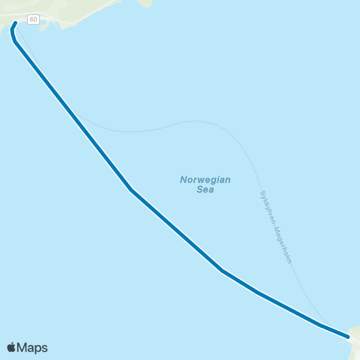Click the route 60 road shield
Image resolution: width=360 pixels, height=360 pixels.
[34, 18]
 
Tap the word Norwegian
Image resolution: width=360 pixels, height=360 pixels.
[205, 180]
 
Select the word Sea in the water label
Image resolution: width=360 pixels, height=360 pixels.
[205, 190]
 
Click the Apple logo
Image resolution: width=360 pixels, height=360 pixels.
[11, 347]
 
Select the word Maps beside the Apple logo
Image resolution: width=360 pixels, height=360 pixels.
[32, 347]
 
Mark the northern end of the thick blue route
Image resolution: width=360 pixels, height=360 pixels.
[16, 23]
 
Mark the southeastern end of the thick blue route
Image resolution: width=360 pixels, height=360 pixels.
[350, 337]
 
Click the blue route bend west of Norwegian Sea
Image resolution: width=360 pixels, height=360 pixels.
[131, 190]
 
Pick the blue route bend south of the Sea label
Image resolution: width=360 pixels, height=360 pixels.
[222, 270]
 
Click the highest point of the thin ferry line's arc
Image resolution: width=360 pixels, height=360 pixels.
[196, 121]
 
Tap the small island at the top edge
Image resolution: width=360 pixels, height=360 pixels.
[145, 2]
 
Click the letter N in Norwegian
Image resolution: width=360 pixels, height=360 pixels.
[183, 180]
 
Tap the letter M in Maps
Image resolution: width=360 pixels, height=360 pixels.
[22, 347]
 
